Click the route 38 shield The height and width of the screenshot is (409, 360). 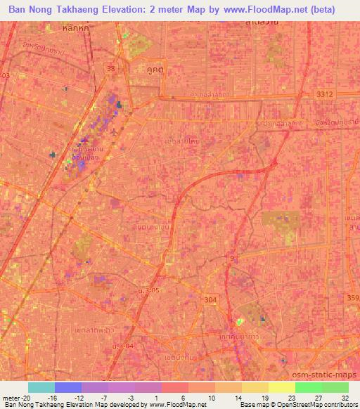[111, 69]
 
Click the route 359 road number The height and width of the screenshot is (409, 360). [353, 297]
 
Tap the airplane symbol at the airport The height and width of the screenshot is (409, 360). [115, 131]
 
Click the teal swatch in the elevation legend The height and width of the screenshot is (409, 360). [41, 387]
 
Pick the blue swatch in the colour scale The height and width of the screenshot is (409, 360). [67, 387]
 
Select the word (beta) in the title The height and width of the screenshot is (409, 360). [335, 10]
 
